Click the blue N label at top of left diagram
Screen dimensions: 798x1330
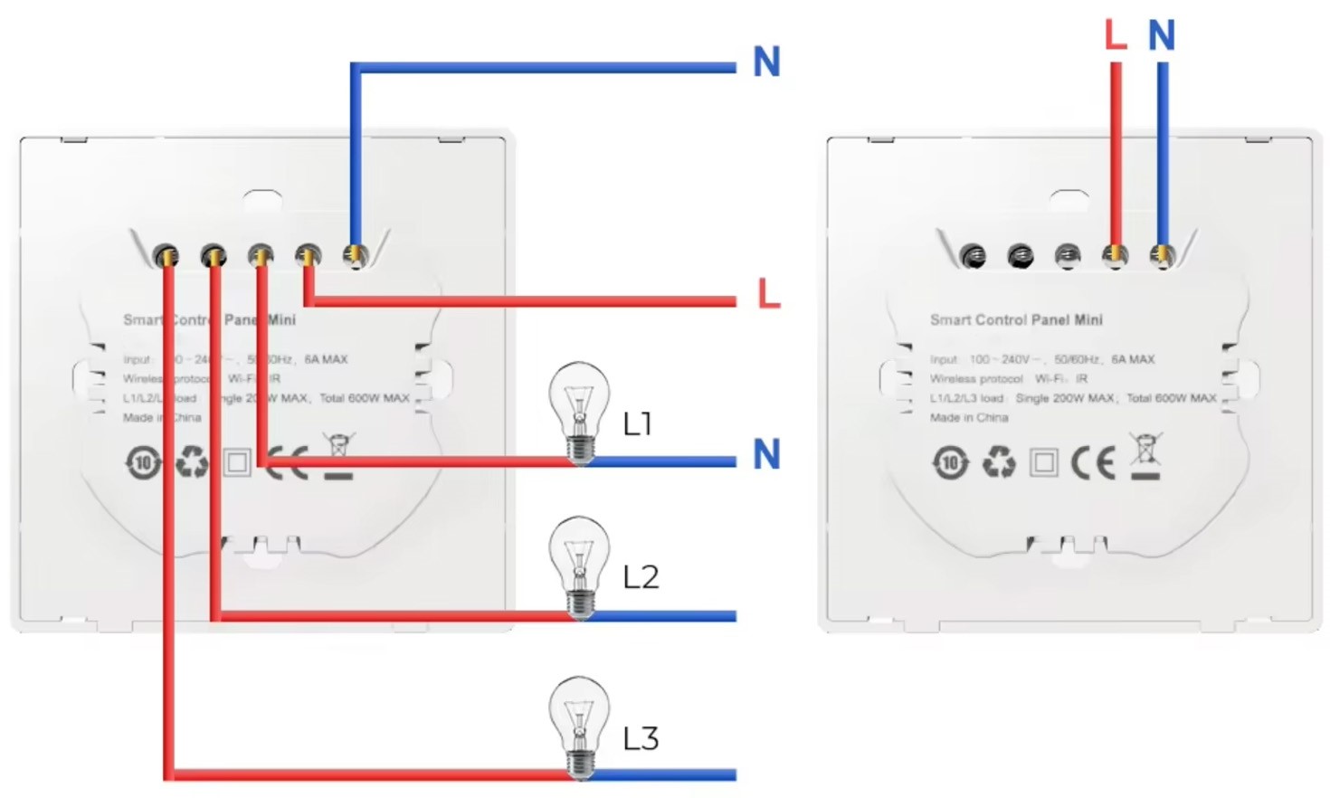coord(766,62)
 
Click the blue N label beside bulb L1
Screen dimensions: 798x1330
coord(766,454)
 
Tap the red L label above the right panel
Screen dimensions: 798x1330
coord(1116,35)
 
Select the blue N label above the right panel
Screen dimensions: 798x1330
coord(1162,36)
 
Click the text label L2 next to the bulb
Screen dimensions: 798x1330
coord(641,577)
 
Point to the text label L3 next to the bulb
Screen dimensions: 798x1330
coord(641,739)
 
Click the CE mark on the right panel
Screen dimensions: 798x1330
coord(1093,463)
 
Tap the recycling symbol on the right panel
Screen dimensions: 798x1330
coord(999,462)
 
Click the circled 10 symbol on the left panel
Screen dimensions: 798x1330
coord(143,463)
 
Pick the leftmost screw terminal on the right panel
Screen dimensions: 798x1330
coord(973,257)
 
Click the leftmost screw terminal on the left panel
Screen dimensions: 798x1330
coord(166,257)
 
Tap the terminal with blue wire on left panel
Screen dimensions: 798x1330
coord(356,256)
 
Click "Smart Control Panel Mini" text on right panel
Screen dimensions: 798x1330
coord(1016,319)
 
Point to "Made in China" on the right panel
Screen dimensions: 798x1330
coord(968,418)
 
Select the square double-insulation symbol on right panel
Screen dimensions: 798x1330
coord(1044,463)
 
